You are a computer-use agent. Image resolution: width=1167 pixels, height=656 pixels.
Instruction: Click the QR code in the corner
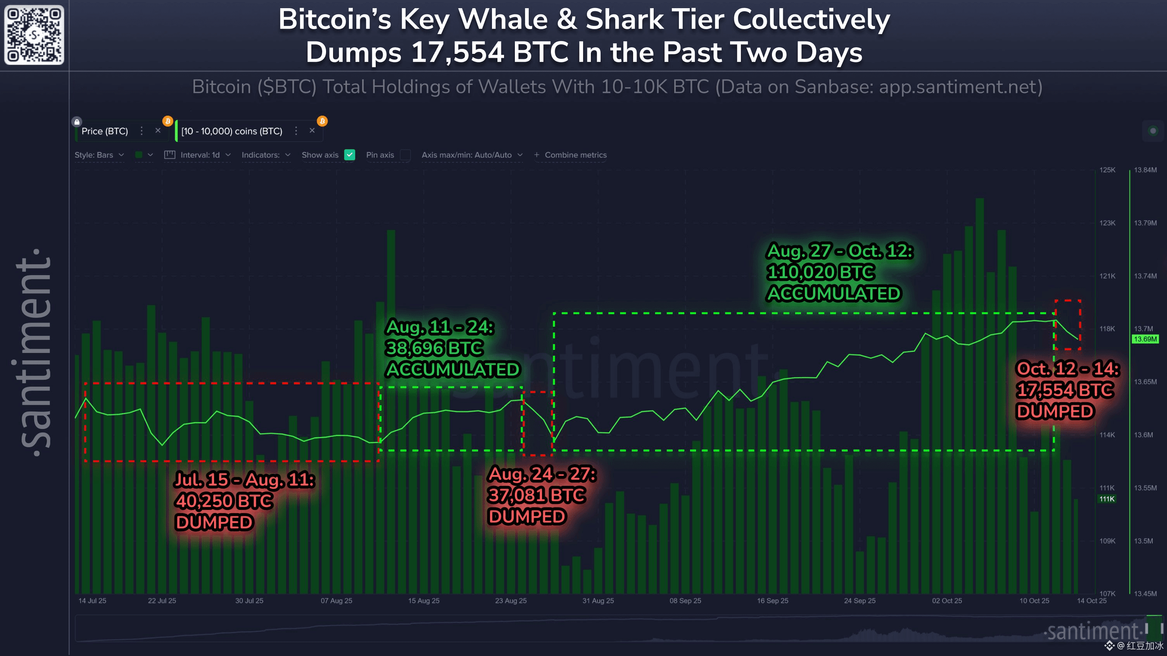tap(34, 34)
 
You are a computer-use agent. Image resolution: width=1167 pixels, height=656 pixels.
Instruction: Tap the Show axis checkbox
tap(349, 155)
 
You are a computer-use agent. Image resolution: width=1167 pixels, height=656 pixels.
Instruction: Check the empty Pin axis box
tap(406, 155)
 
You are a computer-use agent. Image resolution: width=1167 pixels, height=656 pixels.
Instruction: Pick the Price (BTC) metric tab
tap(105, 131)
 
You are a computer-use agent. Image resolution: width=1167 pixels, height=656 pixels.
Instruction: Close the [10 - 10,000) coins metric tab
tap(312, 130)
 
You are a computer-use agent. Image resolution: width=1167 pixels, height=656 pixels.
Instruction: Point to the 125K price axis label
tap(1107, 170)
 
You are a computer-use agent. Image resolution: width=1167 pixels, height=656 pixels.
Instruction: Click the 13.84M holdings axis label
tap(1145, 170)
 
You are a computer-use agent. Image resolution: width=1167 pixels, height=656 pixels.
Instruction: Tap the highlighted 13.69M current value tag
tap(1145, 339)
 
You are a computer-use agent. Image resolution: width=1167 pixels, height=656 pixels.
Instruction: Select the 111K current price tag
tap(1107, 499)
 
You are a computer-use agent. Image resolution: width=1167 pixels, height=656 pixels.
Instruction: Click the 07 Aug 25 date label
tap(336, 601)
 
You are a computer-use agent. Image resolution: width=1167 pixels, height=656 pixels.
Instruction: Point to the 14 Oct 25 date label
tap(1091, 601)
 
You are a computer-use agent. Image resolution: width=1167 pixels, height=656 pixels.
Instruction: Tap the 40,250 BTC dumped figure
tap(206, 501)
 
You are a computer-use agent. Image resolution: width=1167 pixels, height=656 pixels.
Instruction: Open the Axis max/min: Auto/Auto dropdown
tap(471, 155)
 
